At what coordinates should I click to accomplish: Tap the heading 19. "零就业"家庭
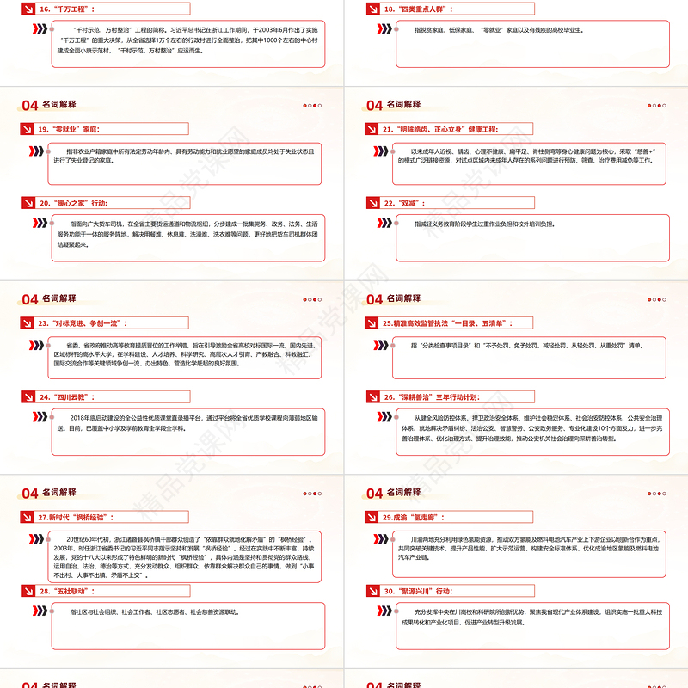point(70,129)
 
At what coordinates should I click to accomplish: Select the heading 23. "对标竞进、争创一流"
point(82,323)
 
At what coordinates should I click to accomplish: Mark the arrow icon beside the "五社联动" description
point(40,611)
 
